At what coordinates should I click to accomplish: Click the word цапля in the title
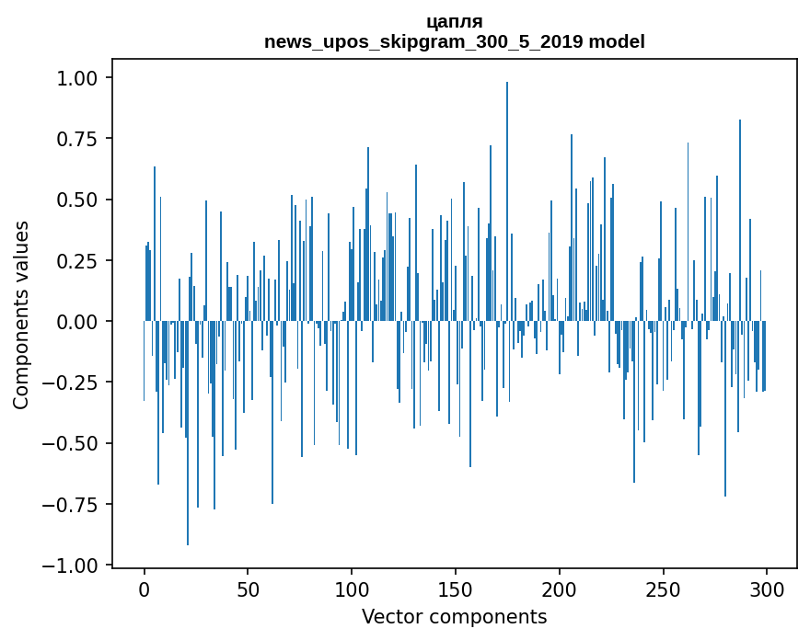[x=455, y=21]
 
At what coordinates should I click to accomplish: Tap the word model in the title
[x=617, y=41]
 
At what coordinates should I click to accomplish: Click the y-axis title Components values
[x=21, y=314]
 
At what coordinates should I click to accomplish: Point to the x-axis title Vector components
[x=455, y=617]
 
